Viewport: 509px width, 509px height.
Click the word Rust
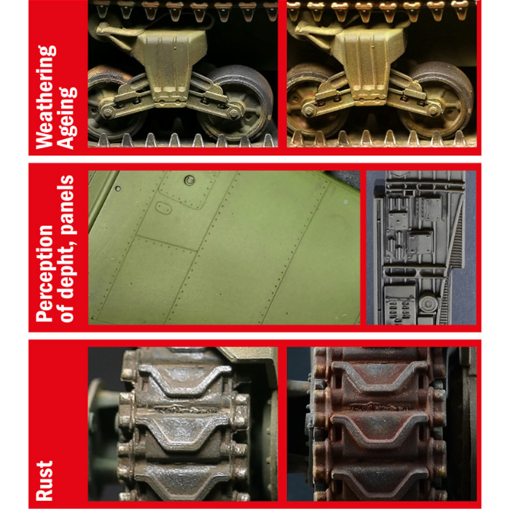pyautogui.click(x=44, y=481)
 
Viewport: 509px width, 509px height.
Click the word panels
pyautogui.click(x=67, y=204)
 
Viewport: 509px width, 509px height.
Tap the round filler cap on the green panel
pyautogui.click(x=190, y=180)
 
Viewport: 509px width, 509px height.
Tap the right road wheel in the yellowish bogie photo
pyautogui.click(x=437, y=102)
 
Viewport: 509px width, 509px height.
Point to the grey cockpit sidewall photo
pyautogui.click(x=421, y=248)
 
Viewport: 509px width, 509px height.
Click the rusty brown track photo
pyautogui.click(x=382, y=424)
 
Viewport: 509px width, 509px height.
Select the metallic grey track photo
pyautogui.click(x=183, y=424)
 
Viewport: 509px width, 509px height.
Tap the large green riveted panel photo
pyautogui.click(x=224, y=248)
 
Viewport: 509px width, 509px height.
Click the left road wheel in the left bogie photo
pyautogui.click(x=111, y=105)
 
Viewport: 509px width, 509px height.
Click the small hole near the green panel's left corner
pyautogui.click(x=118, y=189)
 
